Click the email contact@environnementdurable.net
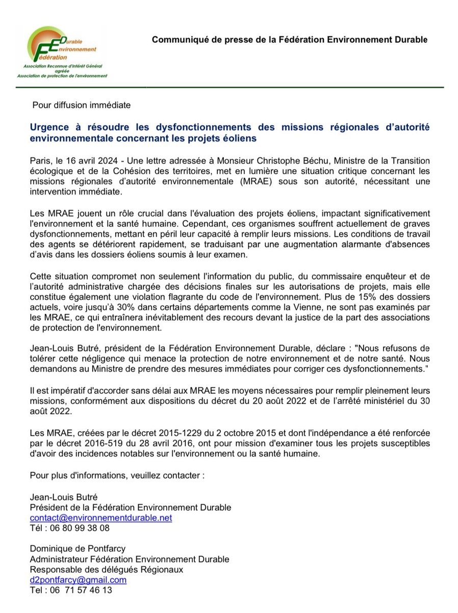(101, 517)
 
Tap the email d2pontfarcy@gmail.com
(78, 580)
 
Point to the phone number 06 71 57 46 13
(82, 590)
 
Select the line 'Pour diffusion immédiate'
(81, 105)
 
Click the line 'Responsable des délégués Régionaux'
(106, 570)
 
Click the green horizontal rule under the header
(229, 87)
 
